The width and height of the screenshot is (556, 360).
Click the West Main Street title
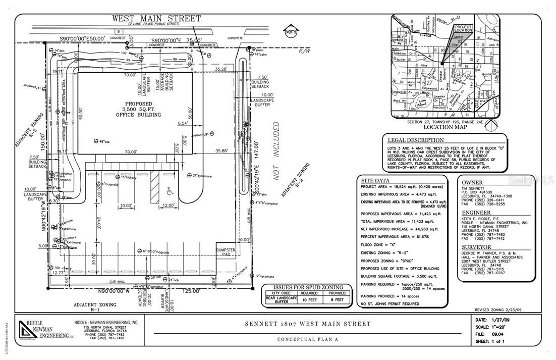[x=156, y=19]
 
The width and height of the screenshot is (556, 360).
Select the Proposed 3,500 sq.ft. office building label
[x=138, y=109]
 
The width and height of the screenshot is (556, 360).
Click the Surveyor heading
[x=477, y=247]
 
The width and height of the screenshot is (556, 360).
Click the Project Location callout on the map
[x=463, y=28]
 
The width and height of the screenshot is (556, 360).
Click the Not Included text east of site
[x=276, y=151]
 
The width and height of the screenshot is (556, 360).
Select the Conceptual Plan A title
[x=307, y=339]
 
